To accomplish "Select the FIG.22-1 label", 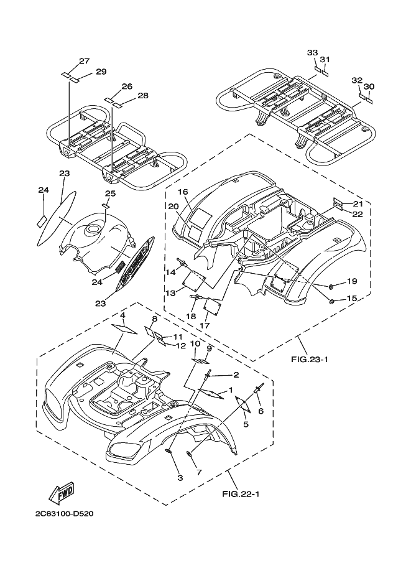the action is (x=241, y=494).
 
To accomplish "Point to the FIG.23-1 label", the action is (x=310, y=360).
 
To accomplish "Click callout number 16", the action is (x=183, y=192).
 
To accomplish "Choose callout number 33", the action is (x=313, y=53).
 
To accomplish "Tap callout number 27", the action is (x=85, y=61).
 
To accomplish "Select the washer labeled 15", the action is (x=331, y=301).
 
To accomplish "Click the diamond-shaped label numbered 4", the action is (x=124, y=329).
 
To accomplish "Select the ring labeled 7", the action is (x=190, y=454).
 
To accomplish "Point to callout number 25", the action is (x=111, y=194).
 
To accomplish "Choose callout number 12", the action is (x=181, y=345).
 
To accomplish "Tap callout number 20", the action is (x=173, y=206).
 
